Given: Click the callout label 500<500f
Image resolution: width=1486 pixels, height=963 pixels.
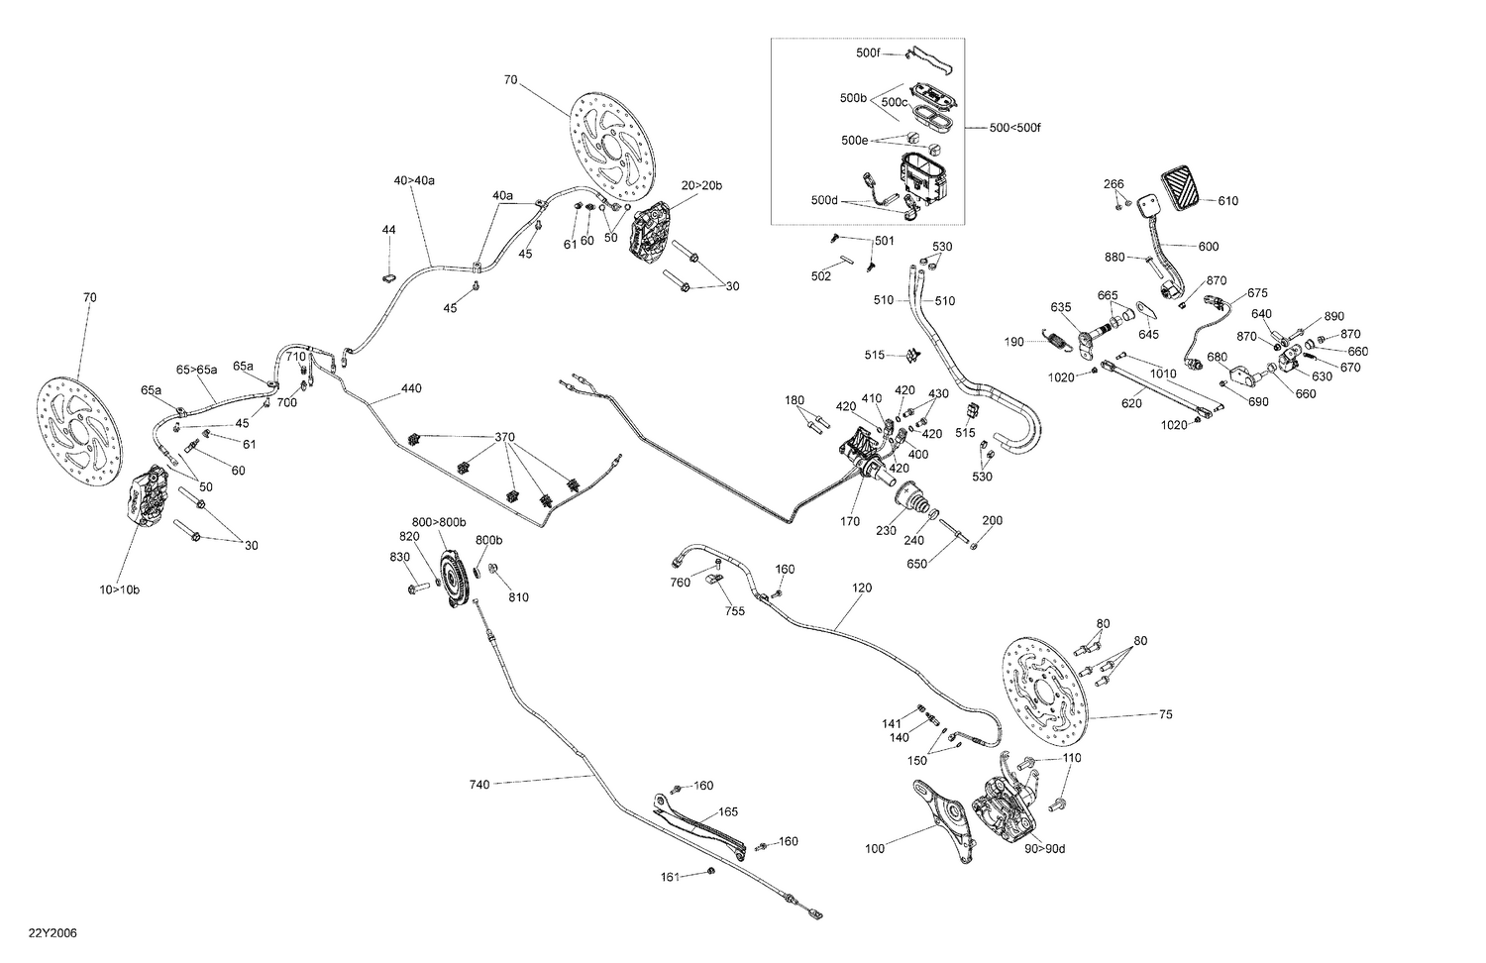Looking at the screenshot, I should click(x=1014, y=128).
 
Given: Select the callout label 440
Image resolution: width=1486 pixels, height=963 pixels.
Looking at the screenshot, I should click(x=411, y=389).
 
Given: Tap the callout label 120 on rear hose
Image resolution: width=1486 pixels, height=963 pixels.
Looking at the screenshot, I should click(x=862, y=588).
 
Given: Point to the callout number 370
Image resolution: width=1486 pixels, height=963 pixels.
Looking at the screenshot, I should click(x=505, y=437).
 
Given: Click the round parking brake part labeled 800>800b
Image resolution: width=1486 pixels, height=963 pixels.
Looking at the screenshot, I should click(x=453, y=578).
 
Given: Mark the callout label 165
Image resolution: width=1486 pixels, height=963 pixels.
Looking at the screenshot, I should click(x=728, y=811).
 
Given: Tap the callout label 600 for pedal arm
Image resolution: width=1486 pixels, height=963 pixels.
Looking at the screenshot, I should click(x=1209, y=247).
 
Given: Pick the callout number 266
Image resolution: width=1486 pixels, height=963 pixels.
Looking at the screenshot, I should click(x=1114, y=184).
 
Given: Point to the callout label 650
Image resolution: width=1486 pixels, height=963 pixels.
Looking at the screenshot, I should click(x=918, y=564).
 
